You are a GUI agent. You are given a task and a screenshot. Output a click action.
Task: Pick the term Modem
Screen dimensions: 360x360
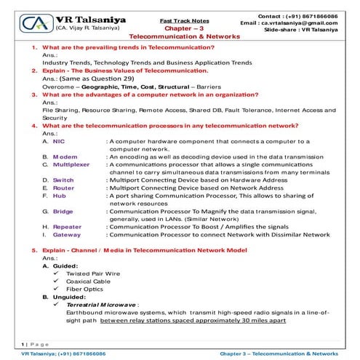point(64,156)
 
